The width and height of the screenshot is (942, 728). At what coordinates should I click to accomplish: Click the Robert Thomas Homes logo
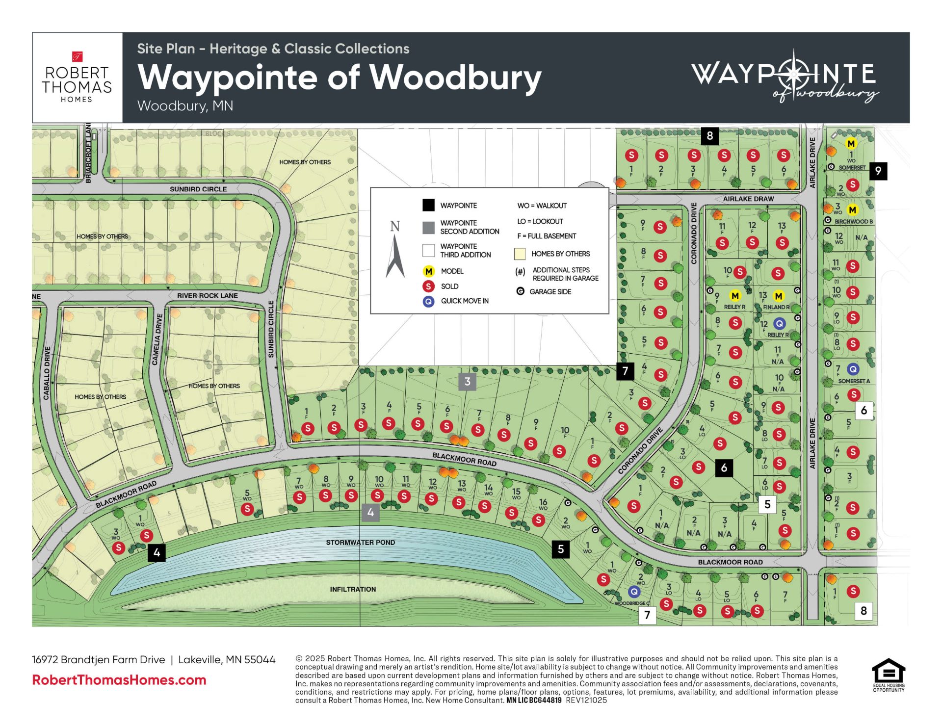click(77, 78)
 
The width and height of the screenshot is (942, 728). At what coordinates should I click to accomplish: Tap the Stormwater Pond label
click(360, 542)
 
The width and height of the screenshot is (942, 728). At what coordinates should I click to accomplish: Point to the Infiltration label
click(353, 589)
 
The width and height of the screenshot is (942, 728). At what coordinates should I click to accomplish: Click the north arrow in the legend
click(395, 250)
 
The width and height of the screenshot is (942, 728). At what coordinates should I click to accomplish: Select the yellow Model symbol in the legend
click(428, 271)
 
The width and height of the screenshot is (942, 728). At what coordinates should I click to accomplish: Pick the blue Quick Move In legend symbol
click(428, 301)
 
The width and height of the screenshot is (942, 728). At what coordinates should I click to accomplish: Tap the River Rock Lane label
click(207, 295)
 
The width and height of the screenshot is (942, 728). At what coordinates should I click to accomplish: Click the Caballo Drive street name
click(47, 373)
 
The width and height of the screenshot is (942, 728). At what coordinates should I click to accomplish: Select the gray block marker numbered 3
click(467, 381)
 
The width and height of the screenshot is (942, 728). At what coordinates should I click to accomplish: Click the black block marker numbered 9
click(878, 171)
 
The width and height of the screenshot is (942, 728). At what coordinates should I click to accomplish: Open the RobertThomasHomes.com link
click(119, 680)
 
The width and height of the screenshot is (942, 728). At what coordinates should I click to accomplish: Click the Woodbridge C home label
click(632, 603)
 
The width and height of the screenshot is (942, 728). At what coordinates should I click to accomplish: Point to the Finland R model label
click(776, 307)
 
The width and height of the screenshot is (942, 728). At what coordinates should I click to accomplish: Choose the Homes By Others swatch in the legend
click(519, 254)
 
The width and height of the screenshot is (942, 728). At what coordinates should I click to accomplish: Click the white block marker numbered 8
click(863, 611)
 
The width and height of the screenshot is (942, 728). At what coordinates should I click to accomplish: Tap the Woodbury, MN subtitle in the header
click(185, 106)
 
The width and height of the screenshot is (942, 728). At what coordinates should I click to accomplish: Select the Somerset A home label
click(854, 381)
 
